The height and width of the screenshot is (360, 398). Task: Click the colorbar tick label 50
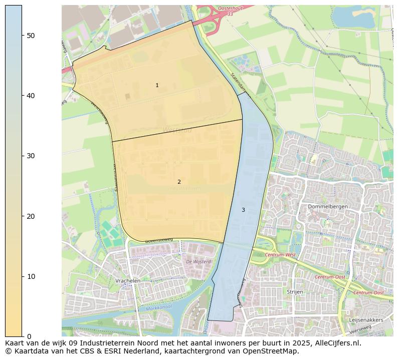coord(30,35)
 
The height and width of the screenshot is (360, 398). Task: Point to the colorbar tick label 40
coord(30,96)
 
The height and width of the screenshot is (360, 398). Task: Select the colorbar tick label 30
coord(30,156)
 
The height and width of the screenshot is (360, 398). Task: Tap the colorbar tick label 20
coord(30,216)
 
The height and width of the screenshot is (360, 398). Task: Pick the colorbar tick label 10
coord(30,276)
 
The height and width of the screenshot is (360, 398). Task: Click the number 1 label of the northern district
coord(157,86)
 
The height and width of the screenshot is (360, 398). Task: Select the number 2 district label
coord(179,182)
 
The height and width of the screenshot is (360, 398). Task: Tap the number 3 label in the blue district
coord(243,210)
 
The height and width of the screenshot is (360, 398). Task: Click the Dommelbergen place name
coord(328,206)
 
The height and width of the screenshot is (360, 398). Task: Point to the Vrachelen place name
coord(127,281)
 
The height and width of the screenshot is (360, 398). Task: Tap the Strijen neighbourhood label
coord(295,291)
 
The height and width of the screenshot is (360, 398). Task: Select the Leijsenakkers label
coord(366,320)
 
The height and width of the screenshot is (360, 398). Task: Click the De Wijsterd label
coord(198,261)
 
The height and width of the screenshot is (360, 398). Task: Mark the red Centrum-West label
coord(280,255)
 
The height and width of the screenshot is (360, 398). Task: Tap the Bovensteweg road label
coord(158,240)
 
